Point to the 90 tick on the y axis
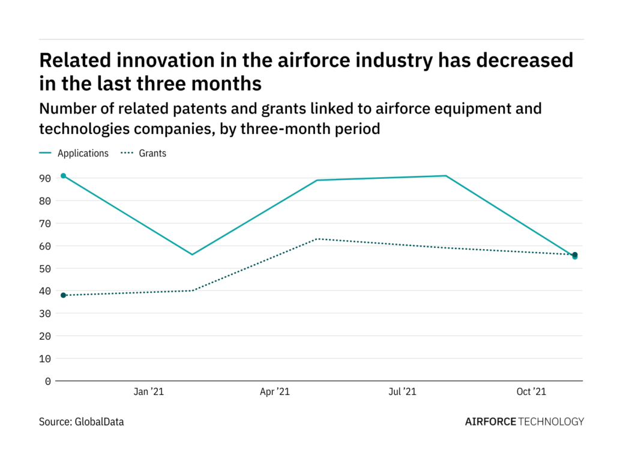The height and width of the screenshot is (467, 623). click(46, 178)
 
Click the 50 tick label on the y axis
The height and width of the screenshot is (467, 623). click(46, 268)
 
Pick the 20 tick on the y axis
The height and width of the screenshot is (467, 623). click(46, 336)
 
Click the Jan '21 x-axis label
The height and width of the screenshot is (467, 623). click(148, 392)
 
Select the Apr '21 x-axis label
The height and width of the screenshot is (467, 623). click(275, 392)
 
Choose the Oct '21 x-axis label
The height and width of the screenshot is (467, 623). click(531, 392)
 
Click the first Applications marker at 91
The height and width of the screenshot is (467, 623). click(63, 176)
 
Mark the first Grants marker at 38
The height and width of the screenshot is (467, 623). click(63, 295)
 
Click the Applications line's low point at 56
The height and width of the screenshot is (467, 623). click(192, 255)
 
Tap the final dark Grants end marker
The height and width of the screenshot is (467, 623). click(574, 255)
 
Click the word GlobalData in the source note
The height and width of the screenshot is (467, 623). click(99, 422)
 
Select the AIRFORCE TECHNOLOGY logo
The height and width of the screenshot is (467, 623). click(524, 421)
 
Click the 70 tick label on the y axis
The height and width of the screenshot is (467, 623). click(46, 223)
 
